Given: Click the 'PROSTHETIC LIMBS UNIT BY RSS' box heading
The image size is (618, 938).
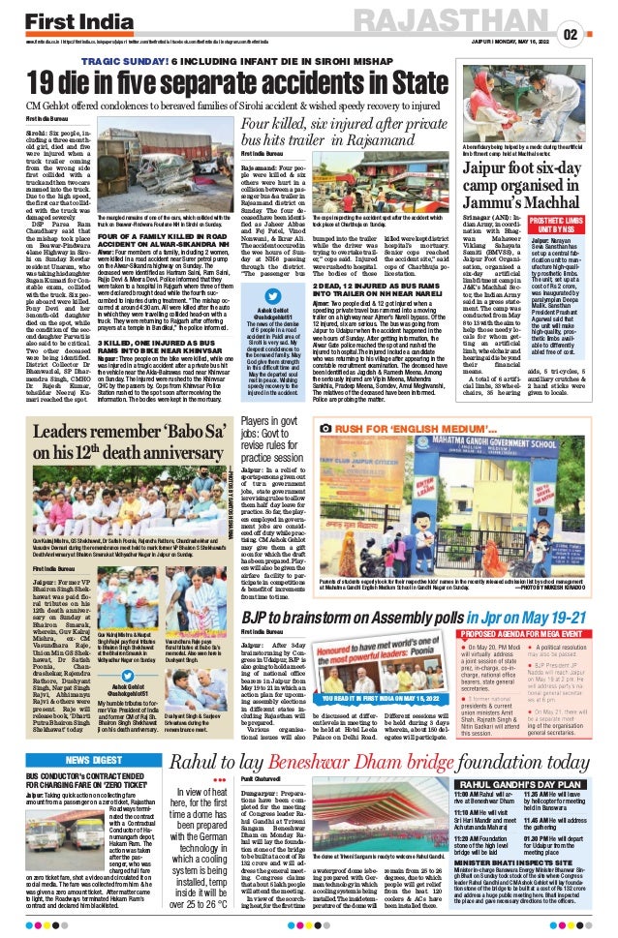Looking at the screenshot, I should click(x=583, y=221).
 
